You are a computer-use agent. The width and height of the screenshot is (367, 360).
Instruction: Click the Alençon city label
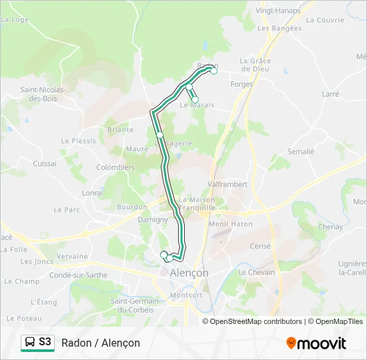[188, 273]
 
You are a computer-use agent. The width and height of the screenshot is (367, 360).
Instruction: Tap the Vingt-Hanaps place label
[278, 11]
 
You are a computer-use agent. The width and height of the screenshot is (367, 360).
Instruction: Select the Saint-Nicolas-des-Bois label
[43, 93]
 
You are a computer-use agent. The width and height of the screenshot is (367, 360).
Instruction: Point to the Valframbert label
[228, 184]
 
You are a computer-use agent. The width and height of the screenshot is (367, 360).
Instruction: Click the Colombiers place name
[115, 167]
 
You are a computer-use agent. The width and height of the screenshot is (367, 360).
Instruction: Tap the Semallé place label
[300, 151]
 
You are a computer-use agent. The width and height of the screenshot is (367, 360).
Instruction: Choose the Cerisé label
[260, 246]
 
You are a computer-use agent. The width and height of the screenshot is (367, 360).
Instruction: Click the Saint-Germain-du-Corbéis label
[132, 305]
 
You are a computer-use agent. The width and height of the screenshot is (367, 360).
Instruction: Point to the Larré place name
[330, 95]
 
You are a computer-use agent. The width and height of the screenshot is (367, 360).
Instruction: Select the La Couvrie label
[325, 20]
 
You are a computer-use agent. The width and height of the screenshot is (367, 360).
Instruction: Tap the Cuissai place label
[45, 163]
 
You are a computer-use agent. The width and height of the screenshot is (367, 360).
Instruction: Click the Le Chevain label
[257, 272]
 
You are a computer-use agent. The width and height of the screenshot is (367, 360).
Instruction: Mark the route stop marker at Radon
[214, 70]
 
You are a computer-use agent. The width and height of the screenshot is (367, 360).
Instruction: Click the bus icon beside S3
[30, 342]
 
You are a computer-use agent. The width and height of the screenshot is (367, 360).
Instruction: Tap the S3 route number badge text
[45, 342]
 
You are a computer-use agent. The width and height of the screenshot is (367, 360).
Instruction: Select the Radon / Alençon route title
[101, 343]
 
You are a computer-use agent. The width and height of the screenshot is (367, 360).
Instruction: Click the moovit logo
[316, 343]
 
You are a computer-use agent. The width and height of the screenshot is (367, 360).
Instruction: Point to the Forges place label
[242, 85]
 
